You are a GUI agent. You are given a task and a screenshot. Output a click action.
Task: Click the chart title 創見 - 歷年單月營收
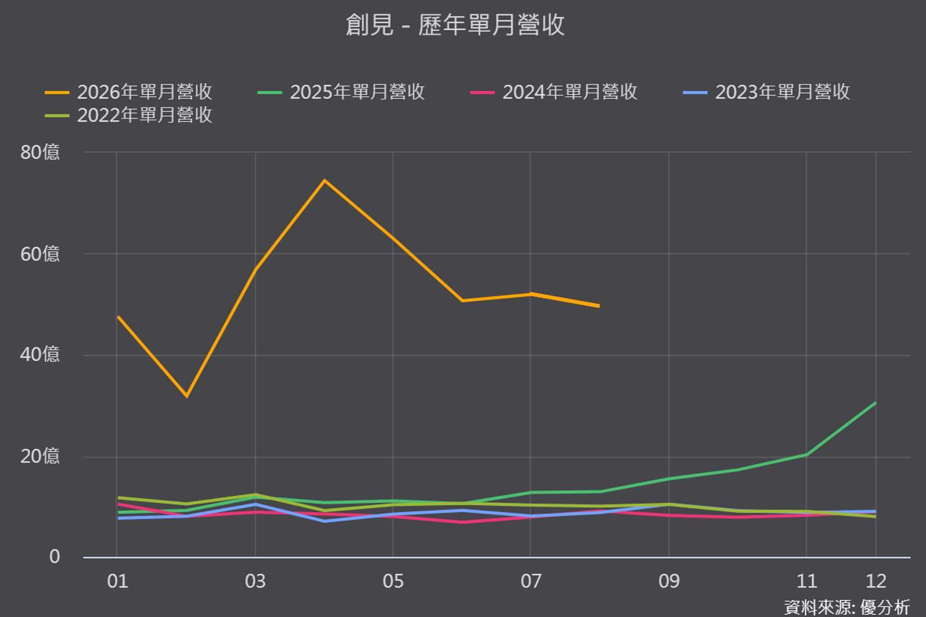click(455, 25)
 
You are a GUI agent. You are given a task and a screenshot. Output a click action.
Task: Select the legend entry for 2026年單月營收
click(128, 92)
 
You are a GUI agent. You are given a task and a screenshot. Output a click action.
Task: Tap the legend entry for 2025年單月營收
click(341, 92)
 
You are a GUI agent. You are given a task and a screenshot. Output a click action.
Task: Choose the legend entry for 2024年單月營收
click(554, 92)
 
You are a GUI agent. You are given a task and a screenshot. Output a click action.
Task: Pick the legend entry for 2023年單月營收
click(766, 92)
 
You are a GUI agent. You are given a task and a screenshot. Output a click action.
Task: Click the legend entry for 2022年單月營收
click(128, 115)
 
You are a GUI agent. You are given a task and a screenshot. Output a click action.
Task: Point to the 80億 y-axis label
click(39, 152)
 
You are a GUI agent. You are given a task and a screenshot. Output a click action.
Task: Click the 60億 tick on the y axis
click(39, 254)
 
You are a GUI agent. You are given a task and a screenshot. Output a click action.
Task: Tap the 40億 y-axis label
click(39, 355)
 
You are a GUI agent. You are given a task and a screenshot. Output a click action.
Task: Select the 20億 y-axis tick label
click(39, 456)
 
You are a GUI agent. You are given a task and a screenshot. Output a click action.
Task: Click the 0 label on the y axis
click(54, 557)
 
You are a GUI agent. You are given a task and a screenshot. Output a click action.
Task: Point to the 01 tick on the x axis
click(117, 581)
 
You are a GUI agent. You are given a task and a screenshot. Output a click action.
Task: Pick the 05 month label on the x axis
click(393, 581)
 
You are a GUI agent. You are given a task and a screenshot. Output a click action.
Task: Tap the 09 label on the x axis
click(669, 581)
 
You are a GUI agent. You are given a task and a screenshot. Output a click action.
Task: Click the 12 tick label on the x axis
click(876, 581)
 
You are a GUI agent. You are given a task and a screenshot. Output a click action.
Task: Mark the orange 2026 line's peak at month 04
click(325, 180)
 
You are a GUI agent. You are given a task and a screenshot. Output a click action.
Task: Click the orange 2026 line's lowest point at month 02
click(187, 397)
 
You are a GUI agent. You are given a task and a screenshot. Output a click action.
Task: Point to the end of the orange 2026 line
click(599, 306)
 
